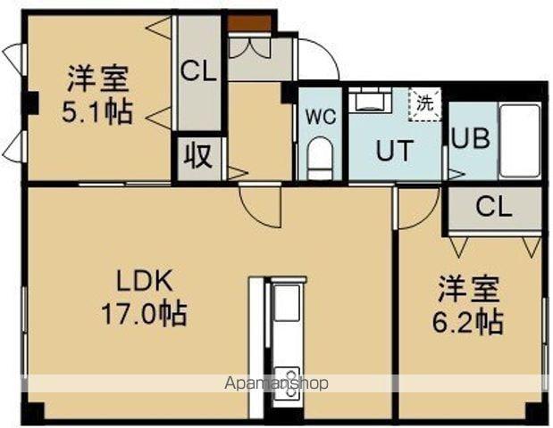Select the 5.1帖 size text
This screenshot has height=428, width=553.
pyautogui.click(x=96, y=112)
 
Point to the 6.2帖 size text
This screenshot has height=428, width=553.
pyautogui.click(x=468, y=321)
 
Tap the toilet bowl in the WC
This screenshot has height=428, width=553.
pyautogui.click(x=319, y=160)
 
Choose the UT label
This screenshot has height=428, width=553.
pyautogui.click(x=393, y=151)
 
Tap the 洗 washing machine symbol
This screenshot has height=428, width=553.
pyautogui.click(x=426, y=103)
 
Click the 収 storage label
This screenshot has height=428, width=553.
pyautogui.click(x=197, y=157)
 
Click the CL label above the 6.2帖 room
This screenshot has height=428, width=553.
pyautogui.click(x=493, y=208)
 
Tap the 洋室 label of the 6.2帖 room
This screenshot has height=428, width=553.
pyautogui.click(x=468, y=291)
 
